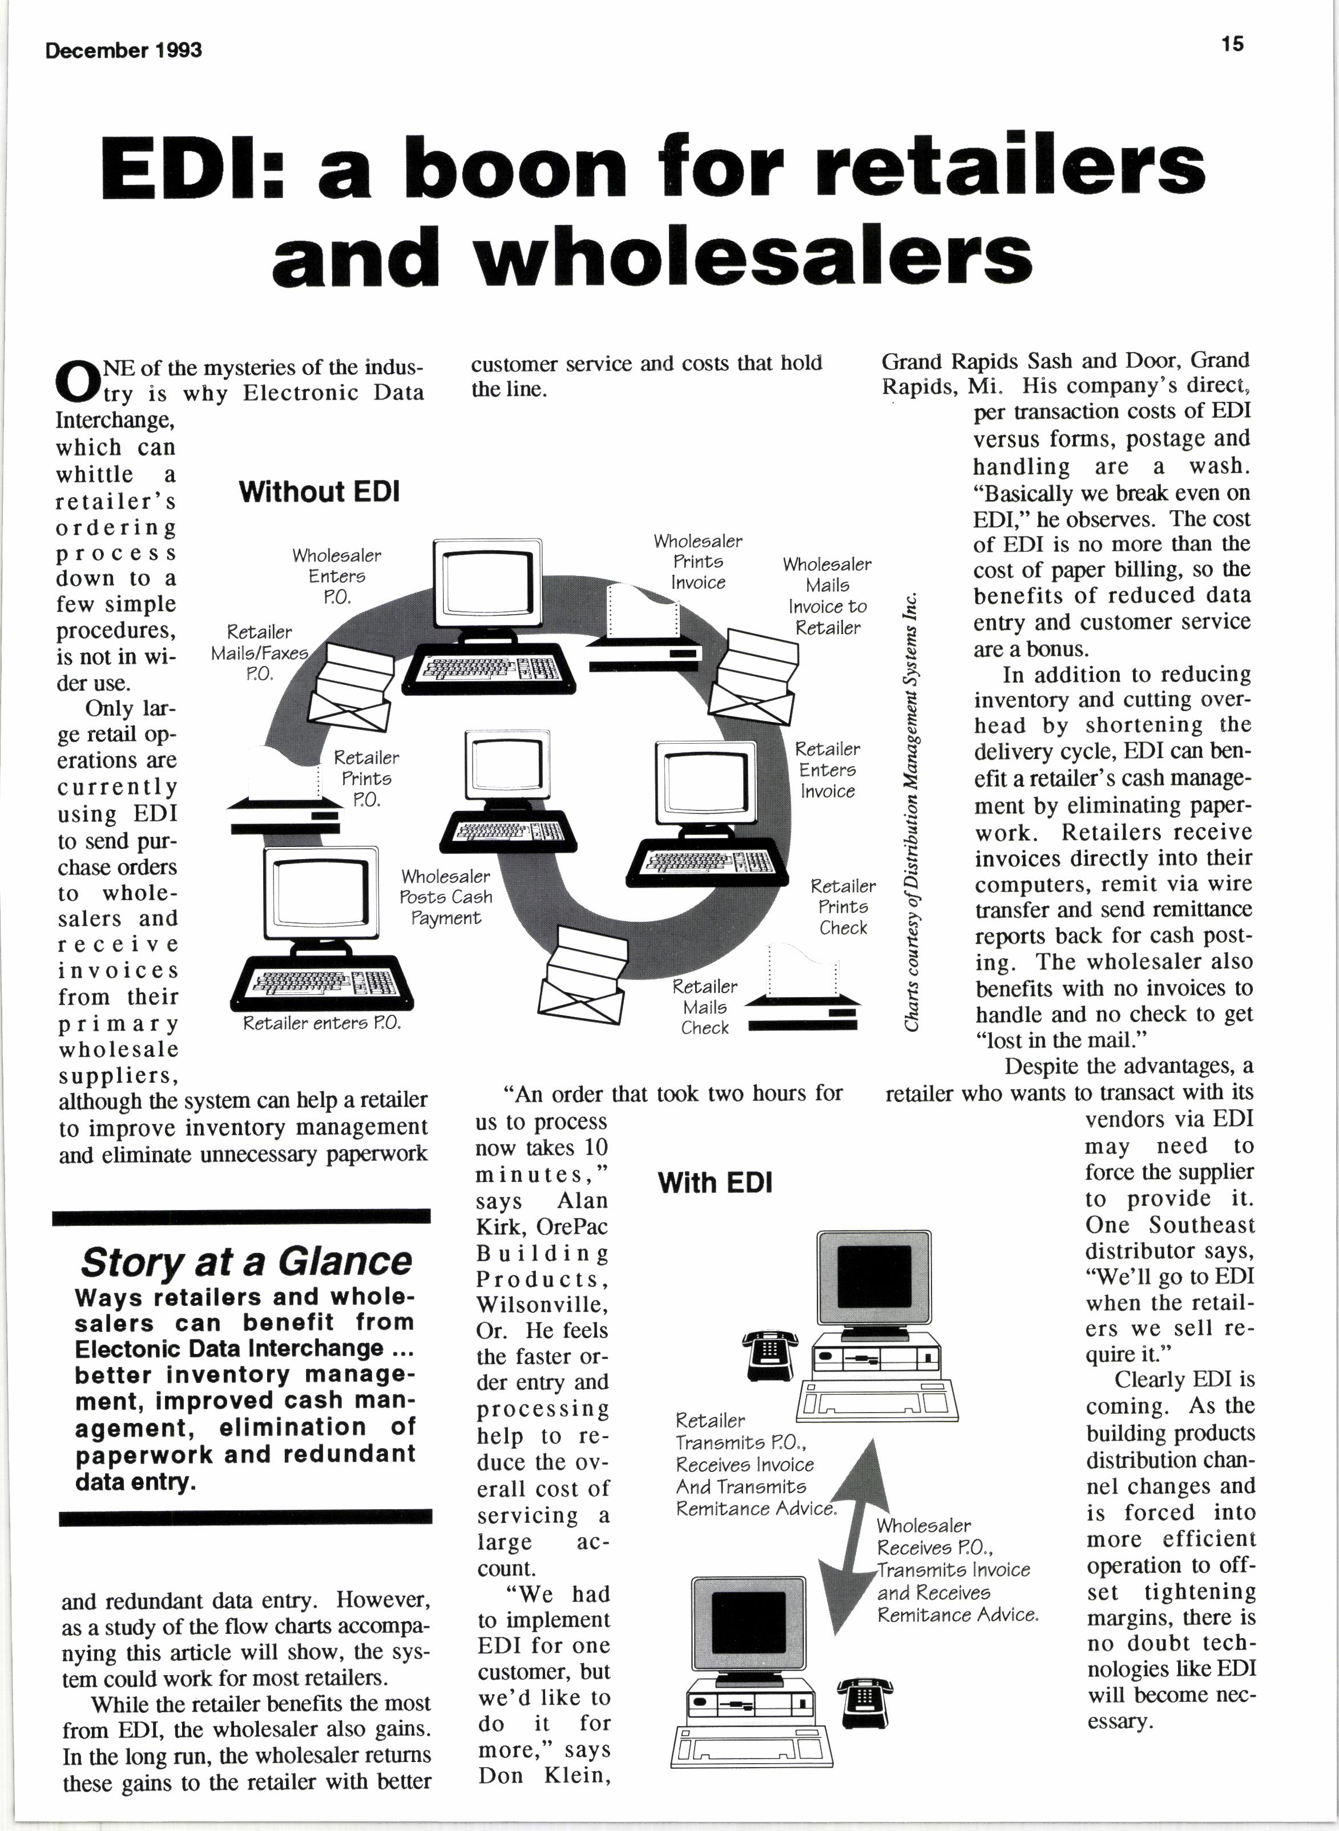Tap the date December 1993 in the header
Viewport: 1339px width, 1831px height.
(x=123, y=50)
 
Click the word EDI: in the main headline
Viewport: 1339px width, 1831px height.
(x=192, y=168)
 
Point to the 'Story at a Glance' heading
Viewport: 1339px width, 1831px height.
(x=245, y=1261)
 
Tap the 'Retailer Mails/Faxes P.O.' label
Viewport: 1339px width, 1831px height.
(x=259, y=652)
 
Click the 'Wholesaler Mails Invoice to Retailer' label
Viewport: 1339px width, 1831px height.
(x=826, y=596)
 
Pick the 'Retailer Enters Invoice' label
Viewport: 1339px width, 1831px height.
(x=826, y=770)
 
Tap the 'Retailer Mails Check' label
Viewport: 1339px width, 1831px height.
(x=704, y=1007)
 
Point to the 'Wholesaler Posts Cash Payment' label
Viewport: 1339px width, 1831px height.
(x=445, y=897)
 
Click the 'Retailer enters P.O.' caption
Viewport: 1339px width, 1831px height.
(x=322, y=1024)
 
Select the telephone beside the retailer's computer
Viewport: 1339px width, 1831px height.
(x=769, y=1354)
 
